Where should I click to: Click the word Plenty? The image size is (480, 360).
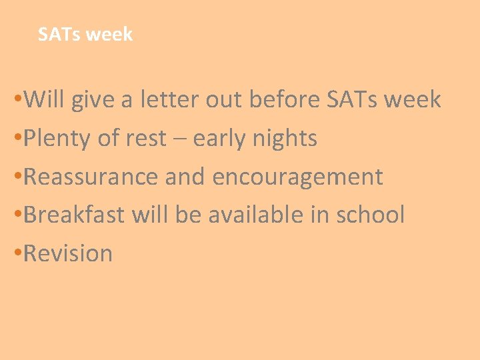57,139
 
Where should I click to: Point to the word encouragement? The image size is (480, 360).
297,177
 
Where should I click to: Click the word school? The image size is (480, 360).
370,215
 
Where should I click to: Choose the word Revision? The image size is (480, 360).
68,254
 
